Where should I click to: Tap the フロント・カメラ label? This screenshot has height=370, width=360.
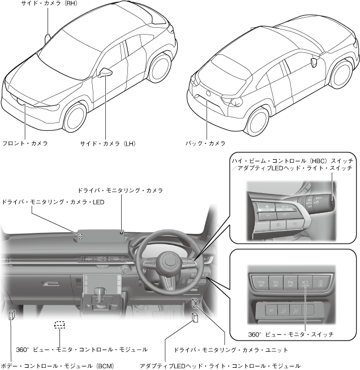point(25,143)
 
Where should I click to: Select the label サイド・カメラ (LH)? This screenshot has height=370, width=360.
point(109,143)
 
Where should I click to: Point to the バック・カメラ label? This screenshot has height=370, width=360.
point(205,143)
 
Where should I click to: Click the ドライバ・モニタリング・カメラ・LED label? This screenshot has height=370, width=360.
point(53,202)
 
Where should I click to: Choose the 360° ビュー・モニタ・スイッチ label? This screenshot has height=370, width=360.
point(291,334)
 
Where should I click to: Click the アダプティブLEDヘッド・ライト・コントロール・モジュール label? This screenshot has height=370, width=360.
point(220,365)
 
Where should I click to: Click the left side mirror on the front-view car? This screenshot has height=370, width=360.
point(105,73)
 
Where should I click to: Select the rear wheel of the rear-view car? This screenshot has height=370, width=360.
point(258,120)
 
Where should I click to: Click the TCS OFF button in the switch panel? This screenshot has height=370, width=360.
point(276,281)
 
